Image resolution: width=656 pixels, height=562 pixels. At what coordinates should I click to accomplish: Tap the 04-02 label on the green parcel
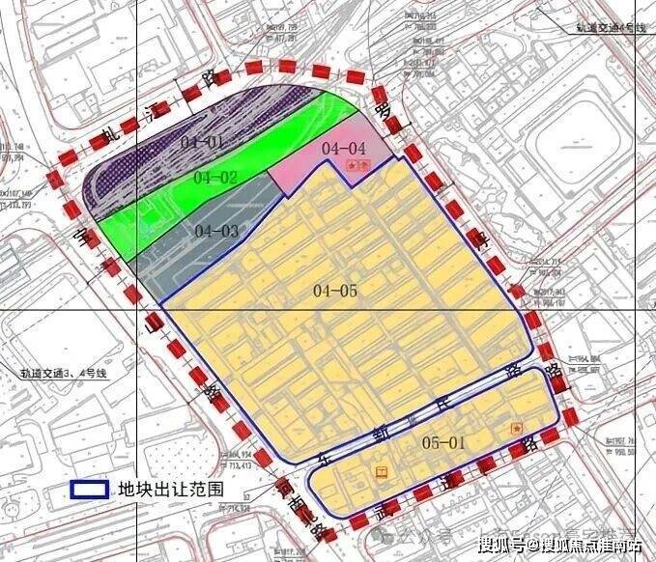[214, 178]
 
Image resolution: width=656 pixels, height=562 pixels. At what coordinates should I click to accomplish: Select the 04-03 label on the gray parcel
[215, 230]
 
